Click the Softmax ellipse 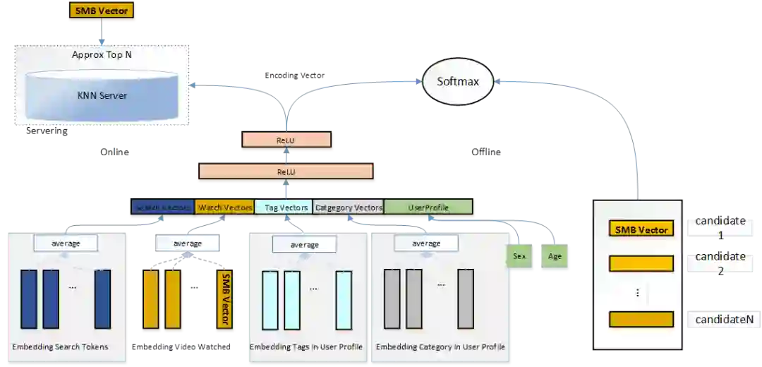[458, 81]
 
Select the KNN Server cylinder [102, 95]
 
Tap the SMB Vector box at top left [101, 11]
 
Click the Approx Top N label [102, 54]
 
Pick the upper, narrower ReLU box [286, 140]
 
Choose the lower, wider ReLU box [286, 172]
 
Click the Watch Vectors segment [225, 207]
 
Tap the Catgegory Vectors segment [349, 207]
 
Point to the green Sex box [519, 256]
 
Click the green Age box [555, 256]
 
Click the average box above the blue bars [66, 243]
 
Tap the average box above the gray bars [426, 243]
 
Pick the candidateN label [724, 320]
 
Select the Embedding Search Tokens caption [60, 347]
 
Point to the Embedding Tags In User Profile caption [306, 347]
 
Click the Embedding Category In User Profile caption [440, 347]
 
